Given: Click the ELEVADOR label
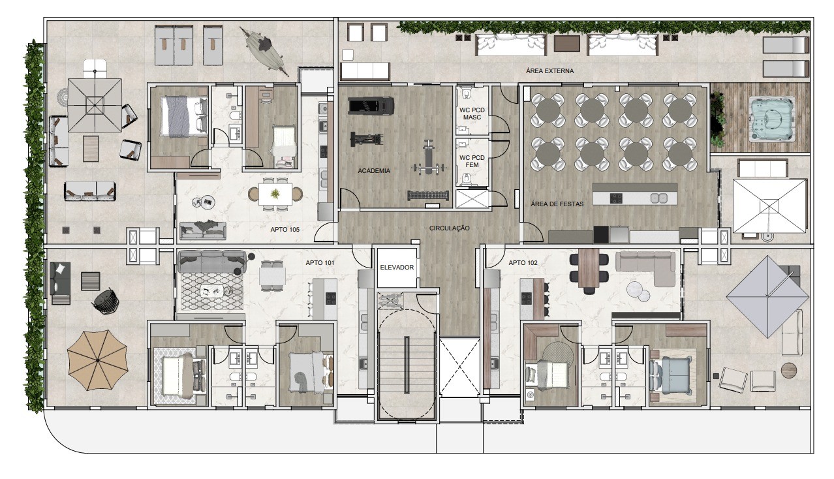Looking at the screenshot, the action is click(397, 267).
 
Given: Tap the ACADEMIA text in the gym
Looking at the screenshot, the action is click(374, 171).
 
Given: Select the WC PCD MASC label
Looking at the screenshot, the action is click(472, 114).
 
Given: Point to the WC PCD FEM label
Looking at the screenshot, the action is click(472, 161).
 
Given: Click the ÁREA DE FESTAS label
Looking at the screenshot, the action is click(557, 204).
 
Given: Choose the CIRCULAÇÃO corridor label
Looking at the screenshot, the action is click(450, 228).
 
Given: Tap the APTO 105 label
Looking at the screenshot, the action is click(285, 230).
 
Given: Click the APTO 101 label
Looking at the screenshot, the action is click(320, 263).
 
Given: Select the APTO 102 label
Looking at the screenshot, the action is click(523, 263).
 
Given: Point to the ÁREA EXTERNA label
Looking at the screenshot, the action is click(549, 70).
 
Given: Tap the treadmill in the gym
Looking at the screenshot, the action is click(371, 106).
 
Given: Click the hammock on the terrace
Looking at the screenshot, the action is click(264, 50).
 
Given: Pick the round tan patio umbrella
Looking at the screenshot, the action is click(97, 360).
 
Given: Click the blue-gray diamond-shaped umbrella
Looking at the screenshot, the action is click(767, 297).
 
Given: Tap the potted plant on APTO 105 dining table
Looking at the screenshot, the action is click(275, 194).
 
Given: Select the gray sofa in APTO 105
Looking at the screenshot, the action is click(203, 230).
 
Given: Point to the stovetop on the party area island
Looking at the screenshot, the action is click(616, 198).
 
